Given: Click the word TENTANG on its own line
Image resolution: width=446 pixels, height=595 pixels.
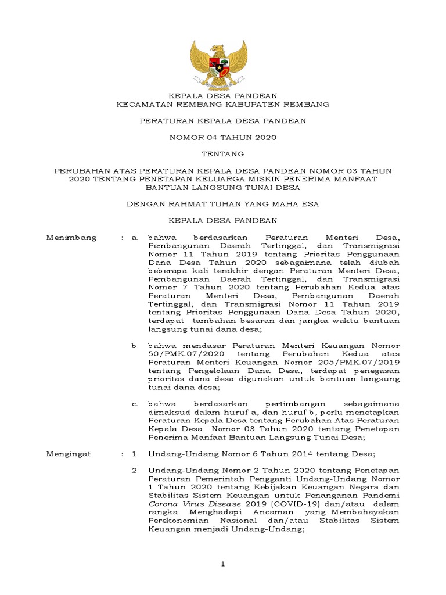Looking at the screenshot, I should [222, 154].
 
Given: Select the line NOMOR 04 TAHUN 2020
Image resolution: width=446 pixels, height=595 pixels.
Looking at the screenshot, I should [222, 138].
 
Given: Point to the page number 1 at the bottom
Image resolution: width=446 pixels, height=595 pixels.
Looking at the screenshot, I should [223, 564].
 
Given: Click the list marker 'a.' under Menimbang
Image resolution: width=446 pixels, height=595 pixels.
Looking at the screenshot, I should [134, 238].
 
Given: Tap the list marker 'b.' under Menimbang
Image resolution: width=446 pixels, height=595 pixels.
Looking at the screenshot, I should [134, 345].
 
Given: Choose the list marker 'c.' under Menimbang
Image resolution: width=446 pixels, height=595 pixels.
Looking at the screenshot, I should [134, 403].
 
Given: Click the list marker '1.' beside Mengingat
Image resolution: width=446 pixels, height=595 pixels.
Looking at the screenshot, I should [134, 454].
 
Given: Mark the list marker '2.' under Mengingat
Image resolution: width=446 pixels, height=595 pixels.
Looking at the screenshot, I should [134, 471].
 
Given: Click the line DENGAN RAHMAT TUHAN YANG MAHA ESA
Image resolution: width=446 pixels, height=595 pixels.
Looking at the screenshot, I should [222, 204].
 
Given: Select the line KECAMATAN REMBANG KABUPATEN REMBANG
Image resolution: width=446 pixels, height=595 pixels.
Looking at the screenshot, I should [222, 104].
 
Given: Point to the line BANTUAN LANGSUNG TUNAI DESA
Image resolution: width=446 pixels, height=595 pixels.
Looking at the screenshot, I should [222, 187].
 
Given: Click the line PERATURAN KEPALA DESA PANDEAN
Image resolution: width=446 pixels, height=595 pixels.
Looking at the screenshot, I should [222, 121].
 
